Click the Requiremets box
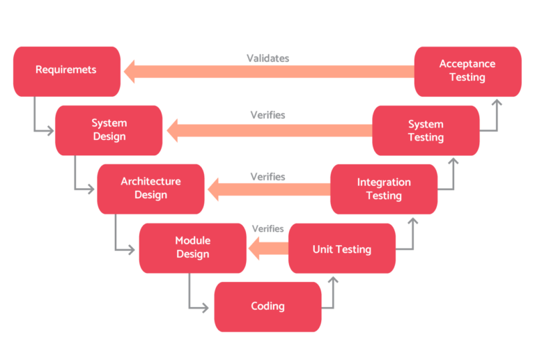66,70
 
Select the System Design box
109,130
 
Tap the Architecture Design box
150,189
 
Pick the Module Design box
192,248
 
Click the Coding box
267,306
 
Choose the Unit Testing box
341,249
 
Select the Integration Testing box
384,189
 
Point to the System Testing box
426,131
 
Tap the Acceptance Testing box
467,70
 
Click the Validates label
267,58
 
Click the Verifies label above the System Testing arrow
267,115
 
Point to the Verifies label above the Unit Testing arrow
267,228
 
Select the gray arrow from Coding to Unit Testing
332,296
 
